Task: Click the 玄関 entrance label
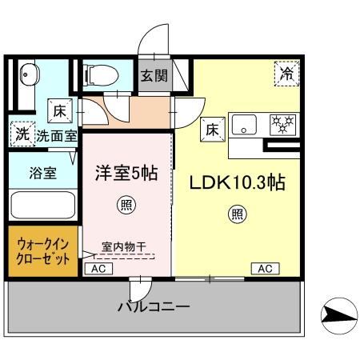pos(155,78)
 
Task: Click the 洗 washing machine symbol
pos(22,134)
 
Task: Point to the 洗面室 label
pos(56,136)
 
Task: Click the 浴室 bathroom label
pos(42,173)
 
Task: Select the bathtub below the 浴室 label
pos(42,206)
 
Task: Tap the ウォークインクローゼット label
pos(43,252)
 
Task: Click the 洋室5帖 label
pos(128,173)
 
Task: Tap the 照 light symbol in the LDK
pos(237,213)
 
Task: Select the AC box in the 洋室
pos(98,270)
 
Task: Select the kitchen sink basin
pos(245,124)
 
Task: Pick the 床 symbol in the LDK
pos(212,128)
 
